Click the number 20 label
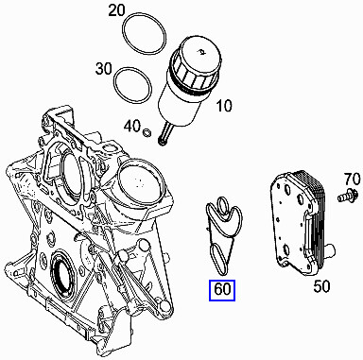[142, 11]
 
